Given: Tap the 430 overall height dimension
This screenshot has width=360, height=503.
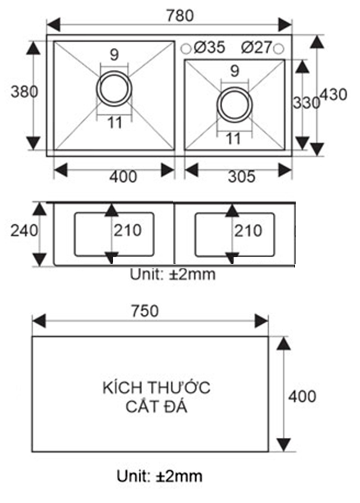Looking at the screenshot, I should pos(334,95).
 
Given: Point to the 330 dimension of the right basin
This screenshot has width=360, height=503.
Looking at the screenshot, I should pos(306,103).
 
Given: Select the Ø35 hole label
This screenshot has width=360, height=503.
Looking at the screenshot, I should pos(209,47).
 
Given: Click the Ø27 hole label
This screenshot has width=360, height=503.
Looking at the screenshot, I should pos(256,47).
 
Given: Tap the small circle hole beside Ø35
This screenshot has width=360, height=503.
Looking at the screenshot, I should pos(185,48).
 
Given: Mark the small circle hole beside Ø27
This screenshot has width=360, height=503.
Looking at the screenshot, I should pos(279,48).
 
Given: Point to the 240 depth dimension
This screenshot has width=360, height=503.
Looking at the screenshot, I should pos(24,231).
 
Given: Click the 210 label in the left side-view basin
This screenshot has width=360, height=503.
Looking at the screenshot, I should pos(127,231).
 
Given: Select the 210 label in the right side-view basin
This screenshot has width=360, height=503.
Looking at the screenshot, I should pos(248,231).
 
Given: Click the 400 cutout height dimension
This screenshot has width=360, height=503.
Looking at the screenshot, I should pos(302,396).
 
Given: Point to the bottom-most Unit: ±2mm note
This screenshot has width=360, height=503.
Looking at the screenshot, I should pos(159,476).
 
